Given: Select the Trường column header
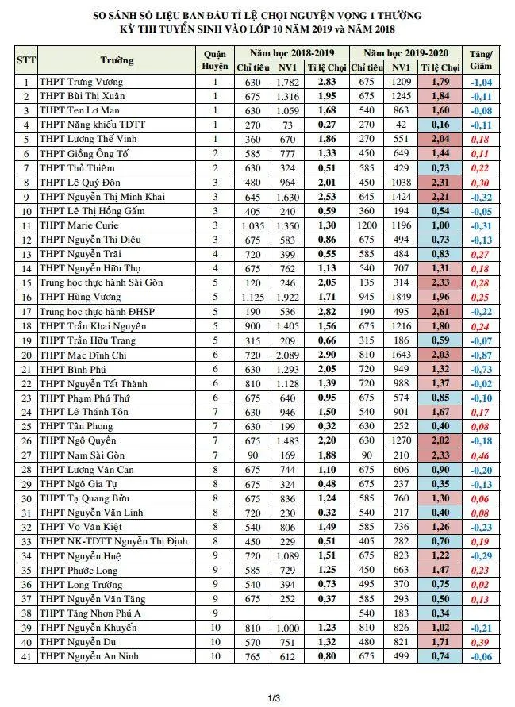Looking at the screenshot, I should point(117,60).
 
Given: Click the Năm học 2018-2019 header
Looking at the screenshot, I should point(291,52).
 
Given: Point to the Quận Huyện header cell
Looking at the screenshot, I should point(215,60).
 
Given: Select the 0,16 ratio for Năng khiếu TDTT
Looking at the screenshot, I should point(441,125).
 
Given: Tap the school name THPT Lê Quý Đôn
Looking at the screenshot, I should point(83,183).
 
